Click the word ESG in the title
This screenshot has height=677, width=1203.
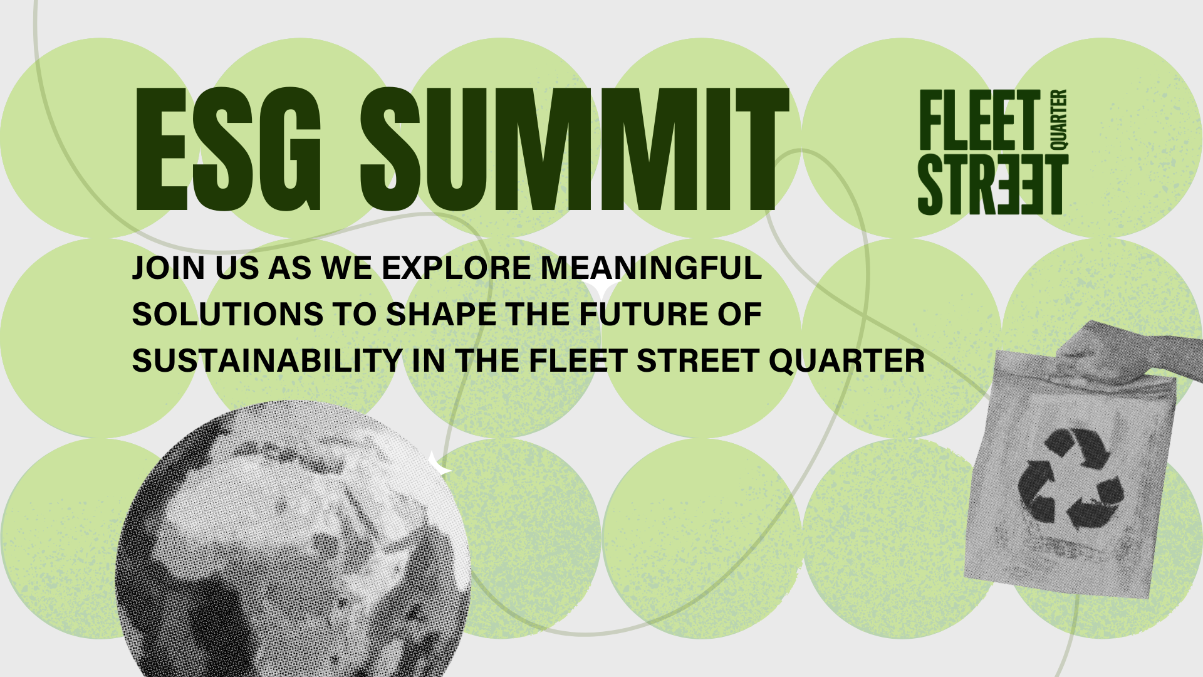point(228,149)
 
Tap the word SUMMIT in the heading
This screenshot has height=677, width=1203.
point(575,149)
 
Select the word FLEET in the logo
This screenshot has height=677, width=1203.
point(980,120)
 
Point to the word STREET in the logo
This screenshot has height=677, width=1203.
point(993,184)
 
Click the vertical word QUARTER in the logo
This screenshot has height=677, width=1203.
point(1058,120)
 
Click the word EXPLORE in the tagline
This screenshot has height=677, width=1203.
point(457,268)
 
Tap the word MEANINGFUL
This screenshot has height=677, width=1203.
point(652,268)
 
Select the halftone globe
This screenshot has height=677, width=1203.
point(293,539)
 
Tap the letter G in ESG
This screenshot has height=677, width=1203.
point(290,149)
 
